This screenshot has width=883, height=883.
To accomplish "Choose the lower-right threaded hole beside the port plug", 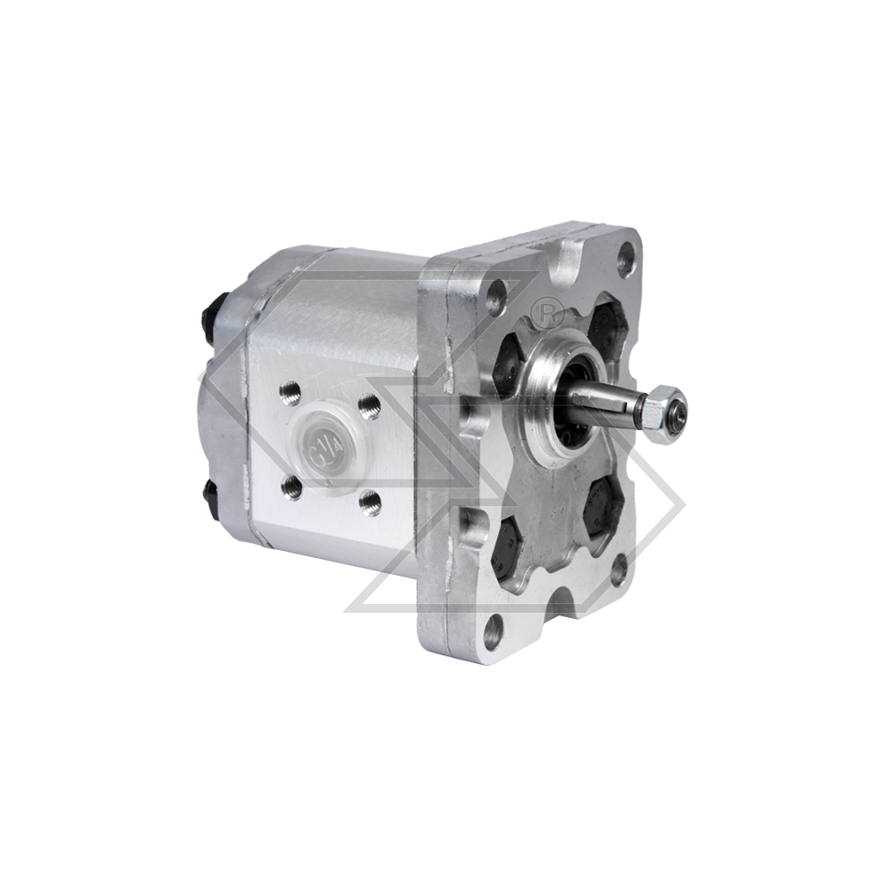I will click(372, 502).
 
